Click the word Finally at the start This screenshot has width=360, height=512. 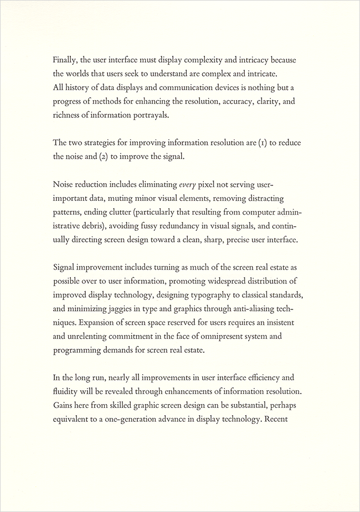(x=66, y=60)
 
